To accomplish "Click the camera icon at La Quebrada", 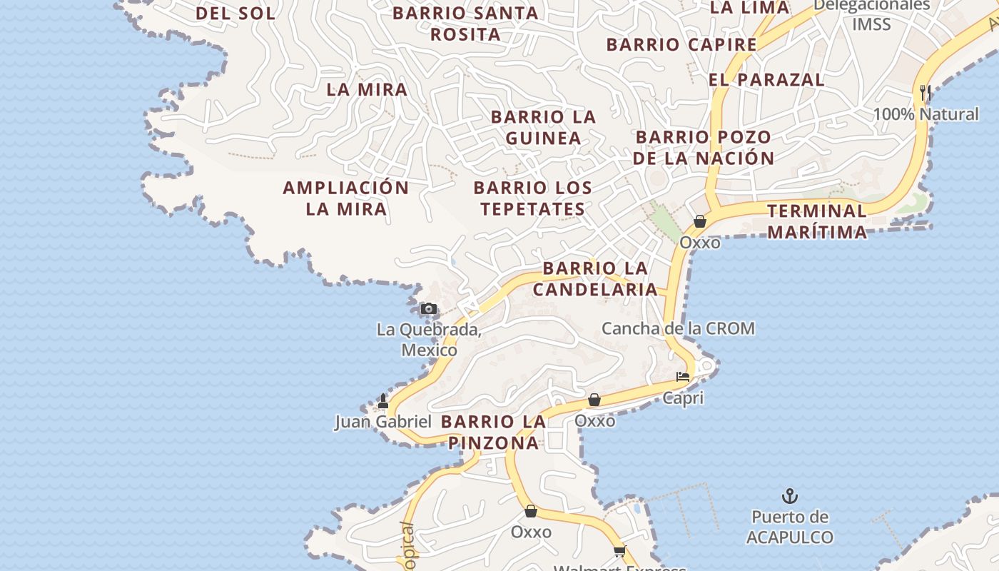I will click(429, 309).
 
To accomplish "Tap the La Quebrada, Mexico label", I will click(429, 340).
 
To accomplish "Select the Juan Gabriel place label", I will click(383, 422).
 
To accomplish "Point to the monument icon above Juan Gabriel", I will click(383, 401).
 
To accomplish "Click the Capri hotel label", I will click(683, 398).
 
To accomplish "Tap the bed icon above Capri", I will click(683, 377).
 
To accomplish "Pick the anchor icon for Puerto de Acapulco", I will click(790, 495).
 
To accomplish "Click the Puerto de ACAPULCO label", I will click(790, 527).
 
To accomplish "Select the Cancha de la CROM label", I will click(678, 328).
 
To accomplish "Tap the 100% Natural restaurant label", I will click(926, 114).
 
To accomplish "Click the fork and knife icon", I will click(926, 92).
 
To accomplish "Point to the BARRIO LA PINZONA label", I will click(494, 432).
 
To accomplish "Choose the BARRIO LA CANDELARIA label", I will click(595, 279).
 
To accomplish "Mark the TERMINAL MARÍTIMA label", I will click(817, 221).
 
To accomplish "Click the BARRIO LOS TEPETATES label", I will click(533, 198).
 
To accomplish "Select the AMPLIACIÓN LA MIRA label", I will click(346, 198).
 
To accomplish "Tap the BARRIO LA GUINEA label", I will click(543, 127).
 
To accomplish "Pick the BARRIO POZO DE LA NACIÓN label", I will click(704, 148).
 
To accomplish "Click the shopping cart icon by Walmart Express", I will click(619, 550).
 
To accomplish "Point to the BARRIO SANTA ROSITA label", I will click(465, 24).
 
